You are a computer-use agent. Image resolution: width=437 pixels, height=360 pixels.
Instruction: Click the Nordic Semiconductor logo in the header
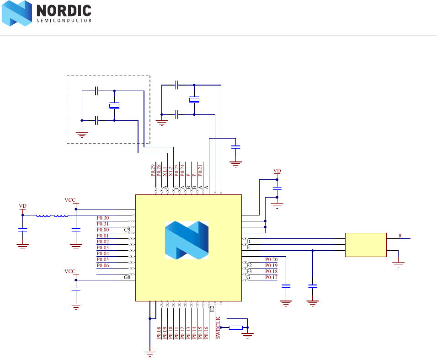tap(46, 13)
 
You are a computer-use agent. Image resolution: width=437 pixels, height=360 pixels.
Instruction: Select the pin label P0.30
tap(103, 218)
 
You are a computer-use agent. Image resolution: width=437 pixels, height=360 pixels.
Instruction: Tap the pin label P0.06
tap(103, 265)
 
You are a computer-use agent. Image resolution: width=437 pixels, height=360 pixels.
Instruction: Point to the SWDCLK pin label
tap(218, 328)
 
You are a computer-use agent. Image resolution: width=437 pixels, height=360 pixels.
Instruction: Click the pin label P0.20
tap(272, 259)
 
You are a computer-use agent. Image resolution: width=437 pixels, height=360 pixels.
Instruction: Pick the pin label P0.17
tap(272, 277)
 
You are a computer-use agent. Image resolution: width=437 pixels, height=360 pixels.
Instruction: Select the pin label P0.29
tap(153, 170)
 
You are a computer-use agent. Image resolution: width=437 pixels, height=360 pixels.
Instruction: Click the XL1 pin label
tap(165, 172)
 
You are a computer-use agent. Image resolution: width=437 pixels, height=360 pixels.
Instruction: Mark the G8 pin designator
tap(127, 277)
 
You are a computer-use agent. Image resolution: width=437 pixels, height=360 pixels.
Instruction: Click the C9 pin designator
tap(127, 230)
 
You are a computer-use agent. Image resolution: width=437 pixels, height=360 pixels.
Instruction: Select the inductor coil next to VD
tap(52, 215)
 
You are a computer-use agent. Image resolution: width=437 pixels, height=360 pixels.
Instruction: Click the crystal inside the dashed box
tap(114, 106)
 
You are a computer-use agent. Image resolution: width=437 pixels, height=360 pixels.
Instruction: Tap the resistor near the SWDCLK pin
tap(235, 328)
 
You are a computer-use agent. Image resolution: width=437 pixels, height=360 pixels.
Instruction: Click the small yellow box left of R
tap(365, 245)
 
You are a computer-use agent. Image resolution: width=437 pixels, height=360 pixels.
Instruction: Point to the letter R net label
tap(400, 236)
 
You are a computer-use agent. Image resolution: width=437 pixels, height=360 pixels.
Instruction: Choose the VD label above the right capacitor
tap(277, 171)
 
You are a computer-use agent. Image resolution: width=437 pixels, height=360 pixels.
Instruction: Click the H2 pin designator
tap(212, 309)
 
